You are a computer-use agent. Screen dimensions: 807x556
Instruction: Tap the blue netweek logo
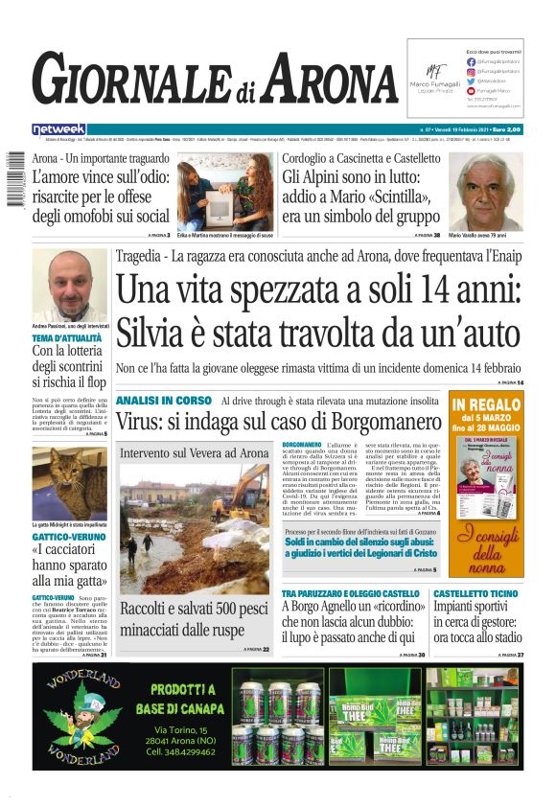[58, 128]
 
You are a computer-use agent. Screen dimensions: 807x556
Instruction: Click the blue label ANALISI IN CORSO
[162, 400]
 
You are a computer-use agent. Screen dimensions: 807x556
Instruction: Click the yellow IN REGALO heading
[487, 404]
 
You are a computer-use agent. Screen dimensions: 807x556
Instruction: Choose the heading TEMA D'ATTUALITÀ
[68, 338]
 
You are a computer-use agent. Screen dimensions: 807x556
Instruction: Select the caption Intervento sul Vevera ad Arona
[195, 453]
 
